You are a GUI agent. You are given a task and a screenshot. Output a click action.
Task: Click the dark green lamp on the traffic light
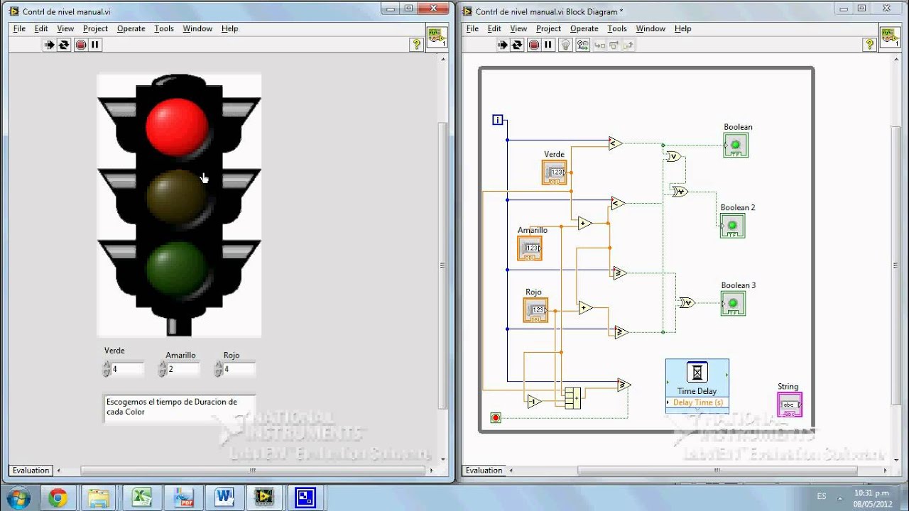click(x=177, y=268)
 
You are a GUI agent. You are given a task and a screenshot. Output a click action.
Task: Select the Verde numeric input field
click(x=126, y=369)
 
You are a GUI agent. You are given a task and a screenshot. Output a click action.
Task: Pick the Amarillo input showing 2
click(x=183, y=369)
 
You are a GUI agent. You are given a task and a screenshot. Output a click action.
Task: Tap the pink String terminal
click(x=790, y=405)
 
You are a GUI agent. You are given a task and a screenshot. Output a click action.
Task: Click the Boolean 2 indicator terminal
click(x=732, y=226)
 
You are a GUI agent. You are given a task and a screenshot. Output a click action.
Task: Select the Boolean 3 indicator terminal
click(x=733, y=304)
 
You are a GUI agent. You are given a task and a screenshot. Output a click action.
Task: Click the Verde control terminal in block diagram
click(x=554, y=172)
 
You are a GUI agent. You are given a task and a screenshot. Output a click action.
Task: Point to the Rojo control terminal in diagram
click(x=535, y=309)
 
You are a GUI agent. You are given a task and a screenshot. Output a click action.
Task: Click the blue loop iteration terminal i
click(x=498, y=120)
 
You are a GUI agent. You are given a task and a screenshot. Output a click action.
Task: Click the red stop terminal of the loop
click(x=496, y=417)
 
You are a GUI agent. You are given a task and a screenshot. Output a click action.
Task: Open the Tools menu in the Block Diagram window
click(x=616, y=28)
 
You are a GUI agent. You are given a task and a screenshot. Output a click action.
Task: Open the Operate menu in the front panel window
click(x=131, y=28)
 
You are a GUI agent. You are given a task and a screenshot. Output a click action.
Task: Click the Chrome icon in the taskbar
click(x=58, y=497)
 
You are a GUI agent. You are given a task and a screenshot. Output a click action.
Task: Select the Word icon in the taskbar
click(x=224, y=497)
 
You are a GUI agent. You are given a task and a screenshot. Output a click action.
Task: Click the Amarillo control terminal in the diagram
click(x=530, y=248)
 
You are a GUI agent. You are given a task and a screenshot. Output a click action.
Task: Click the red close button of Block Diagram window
click(x=887, y=9)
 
